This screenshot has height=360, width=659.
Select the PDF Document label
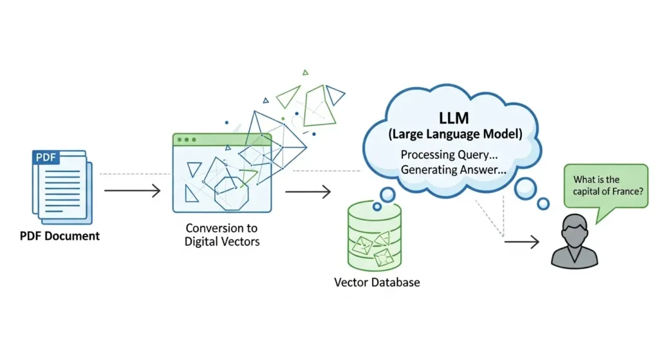coord(59,236)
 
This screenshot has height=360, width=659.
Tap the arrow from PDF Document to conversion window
coord(132,191)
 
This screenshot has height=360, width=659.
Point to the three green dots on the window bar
coord(187,140)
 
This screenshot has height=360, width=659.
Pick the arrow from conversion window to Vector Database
coord(308,191)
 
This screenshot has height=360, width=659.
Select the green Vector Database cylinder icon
coord(374,234)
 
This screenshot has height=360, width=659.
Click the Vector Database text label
coord(376,282)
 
